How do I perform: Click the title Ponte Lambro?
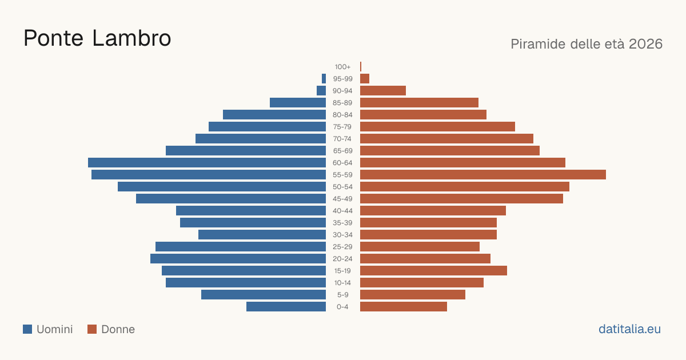[x=97, y=38]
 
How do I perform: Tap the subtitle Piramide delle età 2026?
[x=587, y=44]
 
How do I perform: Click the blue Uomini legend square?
[x=27, y=329]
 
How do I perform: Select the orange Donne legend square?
[x=92, y=329]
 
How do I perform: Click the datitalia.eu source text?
[x=629, y=329]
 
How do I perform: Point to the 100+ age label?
[x=342, y=67]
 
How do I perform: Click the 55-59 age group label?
[x=342, y=175]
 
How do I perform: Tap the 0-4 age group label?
[x=342, y=307]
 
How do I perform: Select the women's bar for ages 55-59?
[x=483, y=175]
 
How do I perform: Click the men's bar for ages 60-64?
[x=207, y=162]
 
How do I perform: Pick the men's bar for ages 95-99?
[x=324, y=79]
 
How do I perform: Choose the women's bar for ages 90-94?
[x=383, y=91]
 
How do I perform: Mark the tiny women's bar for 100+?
[x=361, y=67]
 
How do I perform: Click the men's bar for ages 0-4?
[x=286, y=307]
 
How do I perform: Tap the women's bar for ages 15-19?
[x=434, y=271]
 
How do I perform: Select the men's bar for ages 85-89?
[x=298, y=102]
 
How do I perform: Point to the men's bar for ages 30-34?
[x=262, y=235]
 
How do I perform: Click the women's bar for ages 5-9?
[x=413, y=295]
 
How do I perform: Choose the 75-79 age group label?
[x=342, y=127]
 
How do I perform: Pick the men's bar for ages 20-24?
[x=238, y=259]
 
